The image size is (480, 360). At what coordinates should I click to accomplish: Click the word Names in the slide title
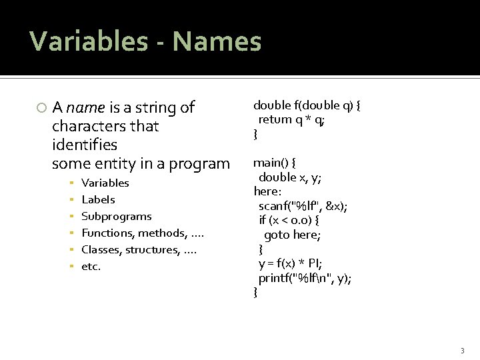point(217,41)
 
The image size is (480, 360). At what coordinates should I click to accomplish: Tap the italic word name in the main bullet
point(85,108)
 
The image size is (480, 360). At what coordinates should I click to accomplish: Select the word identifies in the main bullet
point(84,145)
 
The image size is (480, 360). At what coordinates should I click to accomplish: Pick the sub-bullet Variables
point(105,183)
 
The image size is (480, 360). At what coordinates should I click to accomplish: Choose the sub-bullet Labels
point(98,199)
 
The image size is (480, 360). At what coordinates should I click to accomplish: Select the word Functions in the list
point(107,233)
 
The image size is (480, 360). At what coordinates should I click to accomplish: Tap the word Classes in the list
point(101,250)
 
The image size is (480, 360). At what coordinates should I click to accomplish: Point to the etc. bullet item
point(91,267)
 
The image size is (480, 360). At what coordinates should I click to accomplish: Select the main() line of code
point(275,163)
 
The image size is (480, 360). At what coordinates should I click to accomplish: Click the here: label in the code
point(267,191)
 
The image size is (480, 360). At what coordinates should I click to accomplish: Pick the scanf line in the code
point(303,206)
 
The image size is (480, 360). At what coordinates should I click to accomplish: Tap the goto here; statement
point(292,235)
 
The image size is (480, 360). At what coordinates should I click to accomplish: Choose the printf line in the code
point(305,278)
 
